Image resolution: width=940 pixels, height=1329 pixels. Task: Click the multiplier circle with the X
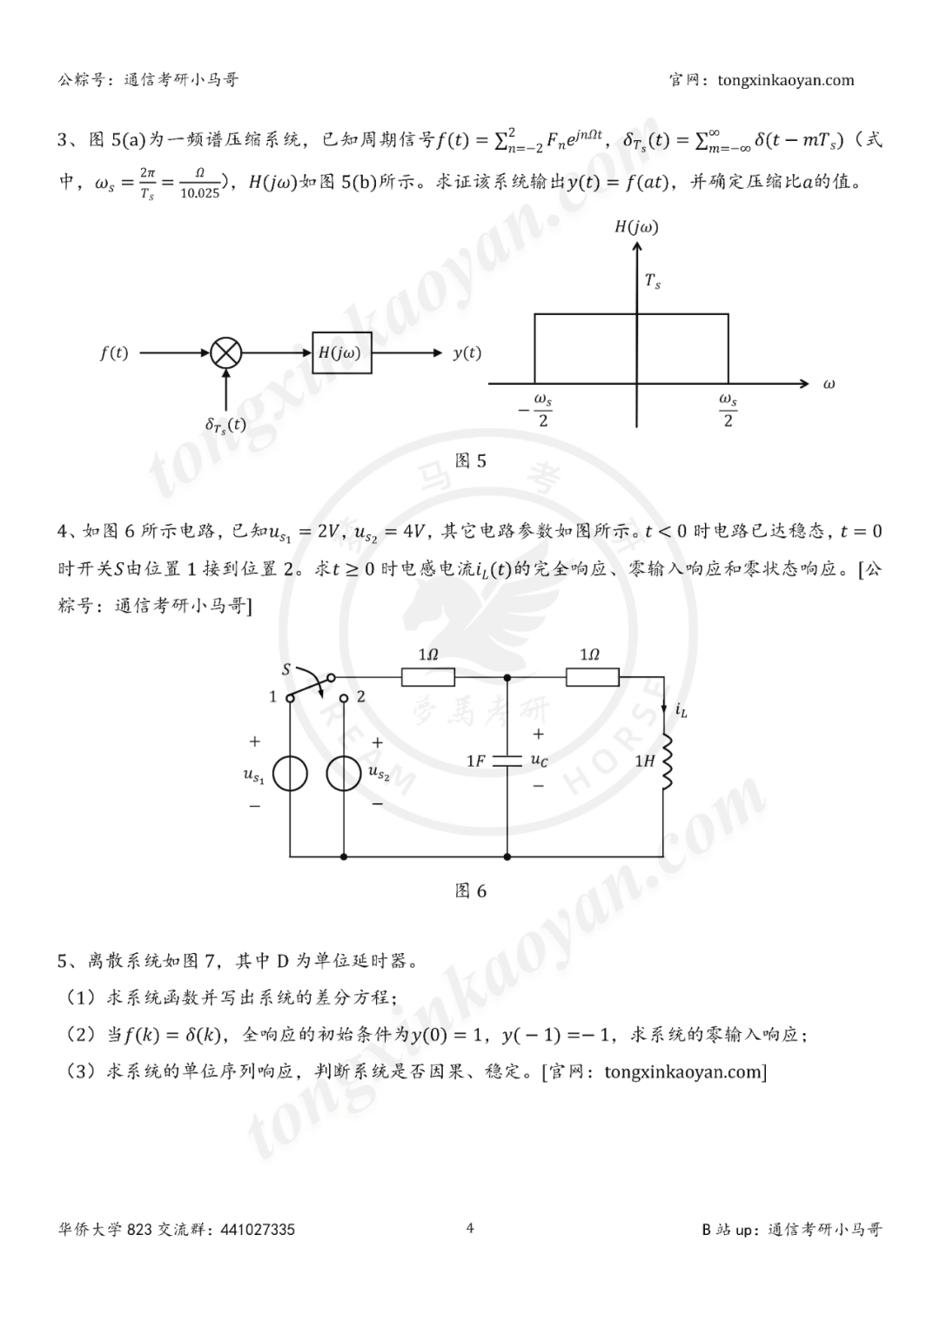226,352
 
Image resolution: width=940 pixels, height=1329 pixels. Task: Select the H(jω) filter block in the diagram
342,352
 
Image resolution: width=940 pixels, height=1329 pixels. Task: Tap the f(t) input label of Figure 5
114,353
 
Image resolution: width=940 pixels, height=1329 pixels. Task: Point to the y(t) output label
467,352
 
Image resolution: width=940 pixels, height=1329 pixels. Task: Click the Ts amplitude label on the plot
653,281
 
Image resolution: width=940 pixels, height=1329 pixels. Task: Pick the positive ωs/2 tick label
728,409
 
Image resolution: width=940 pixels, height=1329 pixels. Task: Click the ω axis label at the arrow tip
828,384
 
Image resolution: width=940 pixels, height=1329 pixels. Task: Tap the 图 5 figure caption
471,461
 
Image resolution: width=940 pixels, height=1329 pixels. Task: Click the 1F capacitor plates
507,761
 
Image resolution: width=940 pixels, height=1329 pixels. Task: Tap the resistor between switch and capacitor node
428,676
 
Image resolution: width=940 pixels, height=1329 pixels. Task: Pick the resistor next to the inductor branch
592,676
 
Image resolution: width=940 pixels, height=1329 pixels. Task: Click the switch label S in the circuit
286,669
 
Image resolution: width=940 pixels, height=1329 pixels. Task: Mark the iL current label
681,712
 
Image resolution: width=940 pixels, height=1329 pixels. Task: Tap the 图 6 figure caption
471,891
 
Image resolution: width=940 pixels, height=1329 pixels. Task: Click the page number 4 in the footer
470,1228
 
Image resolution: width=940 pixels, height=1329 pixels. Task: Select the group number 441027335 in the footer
258,1230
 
